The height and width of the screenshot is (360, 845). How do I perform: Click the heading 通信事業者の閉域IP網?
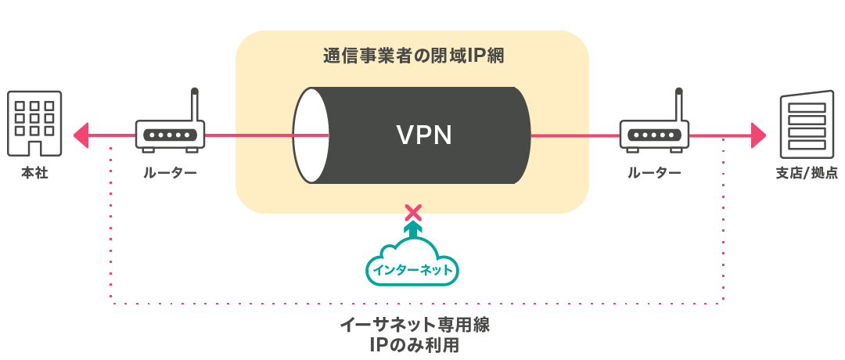coord(412,56)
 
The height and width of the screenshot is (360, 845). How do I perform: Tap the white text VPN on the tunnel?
coord(423,135)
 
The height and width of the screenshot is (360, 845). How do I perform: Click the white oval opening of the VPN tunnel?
coord(311,135)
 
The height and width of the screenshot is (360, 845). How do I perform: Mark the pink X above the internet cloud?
coord(412,211)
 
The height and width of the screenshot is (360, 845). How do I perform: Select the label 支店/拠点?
coord(806,173)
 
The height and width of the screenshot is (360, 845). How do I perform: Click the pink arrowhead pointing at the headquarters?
coord(79,135)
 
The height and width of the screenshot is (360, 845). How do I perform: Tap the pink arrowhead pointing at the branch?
coord(757,135)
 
